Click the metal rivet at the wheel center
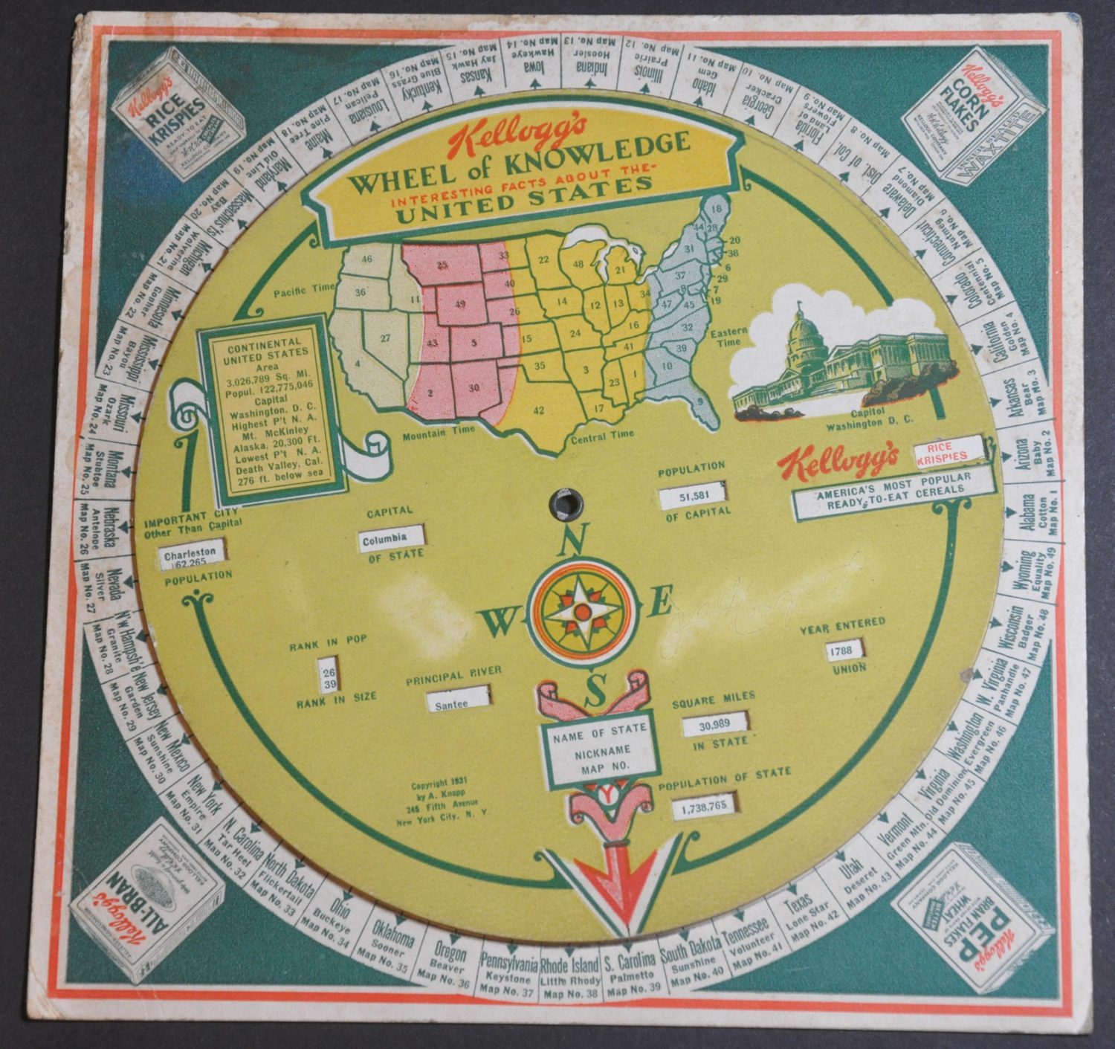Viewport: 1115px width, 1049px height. coord(566,502)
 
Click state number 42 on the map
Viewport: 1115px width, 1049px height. coord(540,410)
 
